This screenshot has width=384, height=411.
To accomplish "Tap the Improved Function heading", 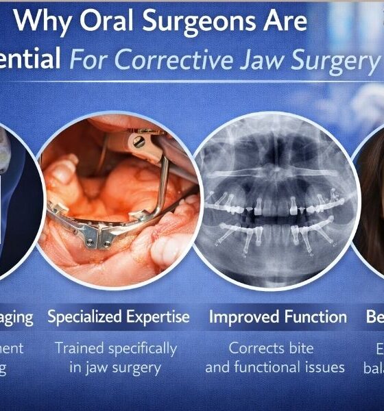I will point(278,317).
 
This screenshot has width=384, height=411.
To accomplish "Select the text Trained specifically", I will point(116,349).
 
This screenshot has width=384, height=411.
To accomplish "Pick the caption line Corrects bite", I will point(274,349).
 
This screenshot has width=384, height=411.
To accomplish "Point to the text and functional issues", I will point(275,368).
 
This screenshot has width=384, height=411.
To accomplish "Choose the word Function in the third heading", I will point(315,317).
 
